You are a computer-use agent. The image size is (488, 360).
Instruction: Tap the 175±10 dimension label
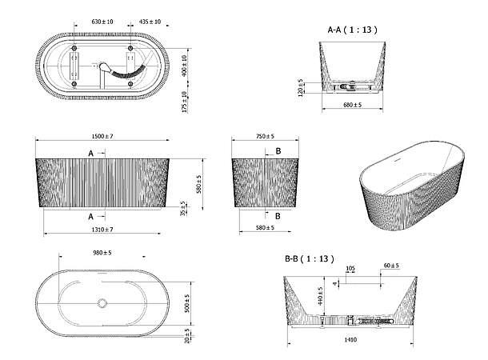[x=186, y=102]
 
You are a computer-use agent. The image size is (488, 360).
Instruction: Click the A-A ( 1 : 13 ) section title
[x=352, y=30]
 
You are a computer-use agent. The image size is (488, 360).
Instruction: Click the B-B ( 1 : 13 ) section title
[x=309, y=259]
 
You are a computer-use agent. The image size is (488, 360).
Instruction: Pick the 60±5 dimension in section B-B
[x=391, y=266]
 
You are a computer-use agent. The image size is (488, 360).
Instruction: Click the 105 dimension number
[x=349, y=270]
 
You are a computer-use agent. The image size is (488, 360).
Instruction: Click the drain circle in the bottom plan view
[x=102, y=303]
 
